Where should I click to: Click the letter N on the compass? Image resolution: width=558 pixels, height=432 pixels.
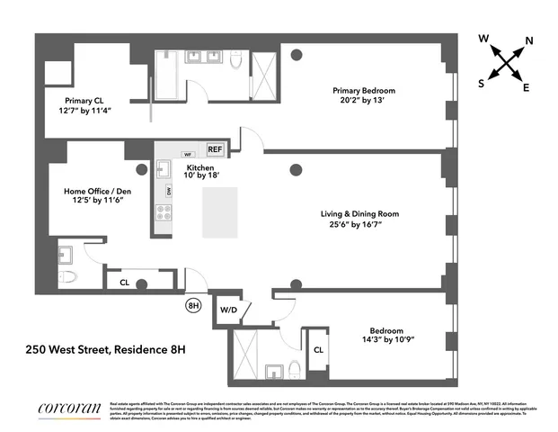click(x=529, y=40)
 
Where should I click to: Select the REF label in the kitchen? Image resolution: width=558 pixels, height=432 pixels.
click(x=215, y=149)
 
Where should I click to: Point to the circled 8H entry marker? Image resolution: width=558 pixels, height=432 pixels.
click(x=193, y=306)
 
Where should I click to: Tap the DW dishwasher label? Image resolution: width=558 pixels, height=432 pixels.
click(x=168, y=192)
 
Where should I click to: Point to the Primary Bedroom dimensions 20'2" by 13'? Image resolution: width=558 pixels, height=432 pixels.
click(x=363, y=103)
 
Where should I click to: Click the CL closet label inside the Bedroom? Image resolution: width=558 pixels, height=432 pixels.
click(x=319, y=349)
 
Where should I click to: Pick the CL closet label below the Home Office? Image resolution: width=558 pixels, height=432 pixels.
click(x=125, y=283)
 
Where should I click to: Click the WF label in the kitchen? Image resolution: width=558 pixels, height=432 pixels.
click(x=188, y=154)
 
